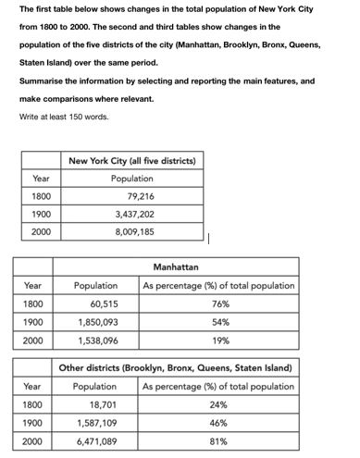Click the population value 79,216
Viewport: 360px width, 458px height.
(141, 196)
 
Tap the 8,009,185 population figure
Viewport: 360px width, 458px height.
(135, 231)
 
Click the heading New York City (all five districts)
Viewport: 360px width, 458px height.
(131, 160)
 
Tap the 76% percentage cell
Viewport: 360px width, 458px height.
(219, 303)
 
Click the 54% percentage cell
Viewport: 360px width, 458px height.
(219, 322)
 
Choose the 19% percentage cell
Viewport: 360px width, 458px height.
(219, 340)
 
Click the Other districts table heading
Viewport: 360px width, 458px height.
(175, 368)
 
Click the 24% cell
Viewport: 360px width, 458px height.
(219, 404)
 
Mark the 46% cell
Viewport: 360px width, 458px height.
(219, 423)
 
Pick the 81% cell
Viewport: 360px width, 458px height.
(219, 441)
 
